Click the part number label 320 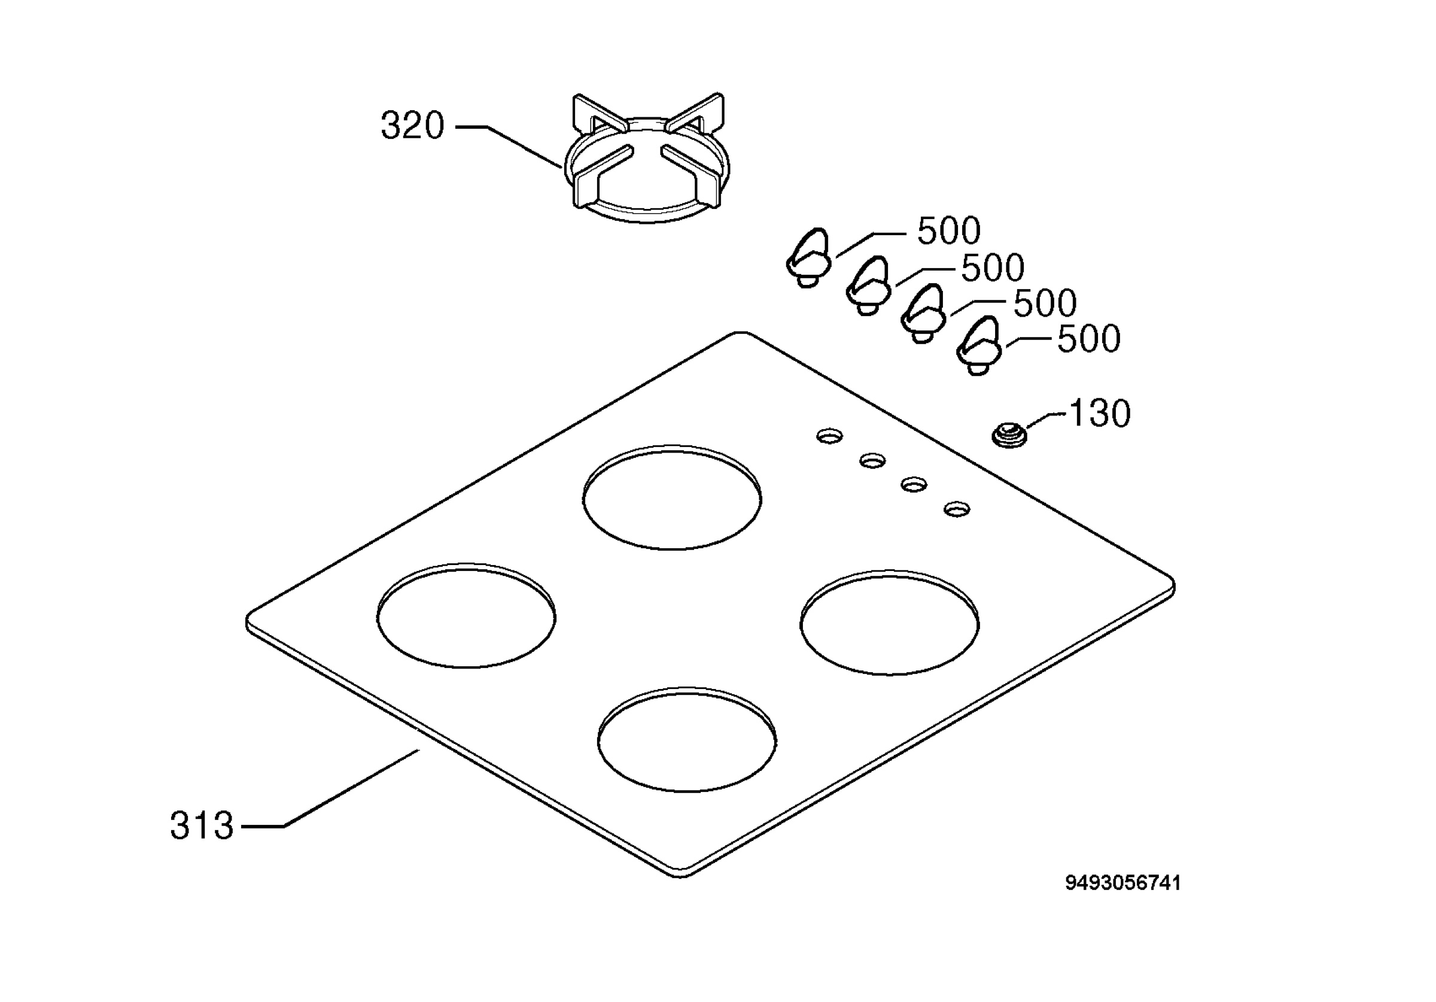click(412, 126)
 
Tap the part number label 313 click(202, 825)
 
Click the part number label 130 click(1100, 414)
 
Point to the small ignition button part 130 click(1009, 435)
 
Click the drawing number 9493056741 click(1123, 883)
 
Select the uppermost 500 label click(948, 231)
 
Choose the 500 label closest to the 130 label click(1088, 339)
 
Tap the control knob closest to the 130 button click(979, 346)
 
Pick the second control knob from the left click(869, 286)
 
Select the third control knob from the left click(923, 313)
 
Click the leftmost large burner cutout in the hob click(466, 615)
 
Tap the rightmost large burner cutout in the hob click(889, 622)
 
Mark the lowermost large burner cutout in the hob click(687, 739)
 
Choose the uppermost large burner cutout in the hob click(672, 497)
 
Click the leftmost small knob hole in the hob click(829, 436)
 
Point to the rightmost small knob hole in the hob click(956, 509)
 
